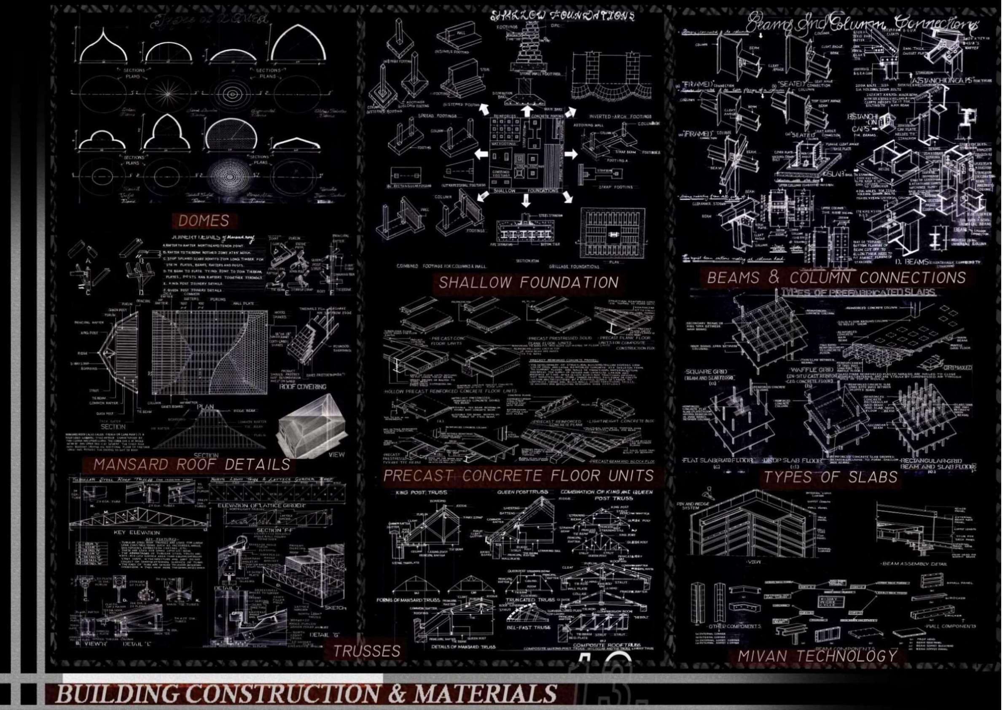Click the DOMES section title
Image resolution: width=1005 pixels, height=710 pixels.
[204, 220]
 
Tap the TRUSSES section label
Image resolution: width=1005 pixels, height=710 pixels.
[367, 651]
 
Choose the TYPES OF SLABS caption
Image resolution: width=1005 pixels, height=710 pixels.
[831, 477]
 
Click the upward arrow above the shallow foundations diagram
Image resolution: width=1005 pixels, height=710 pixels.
[526, 109]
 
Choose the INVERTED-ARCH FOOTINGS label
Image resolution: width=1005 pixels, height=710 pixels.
[620, 116]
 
